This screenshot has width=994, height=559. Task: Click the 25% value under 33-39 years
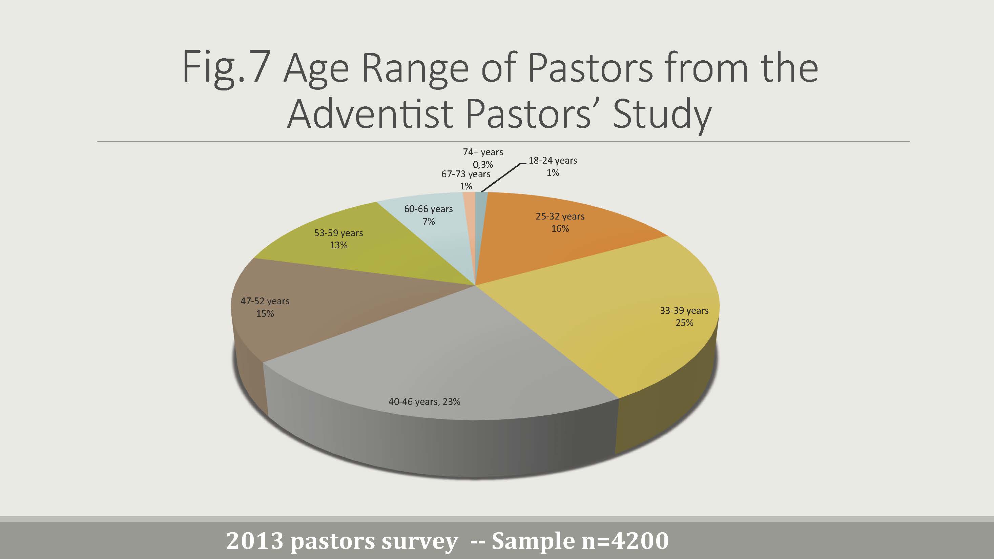point(684,323)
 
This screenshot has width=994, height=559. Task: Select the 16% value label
point(560,229)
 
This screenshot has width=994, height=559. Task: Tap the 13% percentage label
point(338,245)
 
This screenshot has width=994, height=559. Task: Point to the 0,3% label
point(483,165)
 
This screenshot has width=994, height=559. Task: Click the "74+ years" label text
point(483,152)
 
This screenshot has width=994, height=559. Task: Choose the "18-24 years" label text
point(553,161)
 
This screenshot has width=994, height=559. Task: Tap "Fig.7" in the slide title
point(225,67)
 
